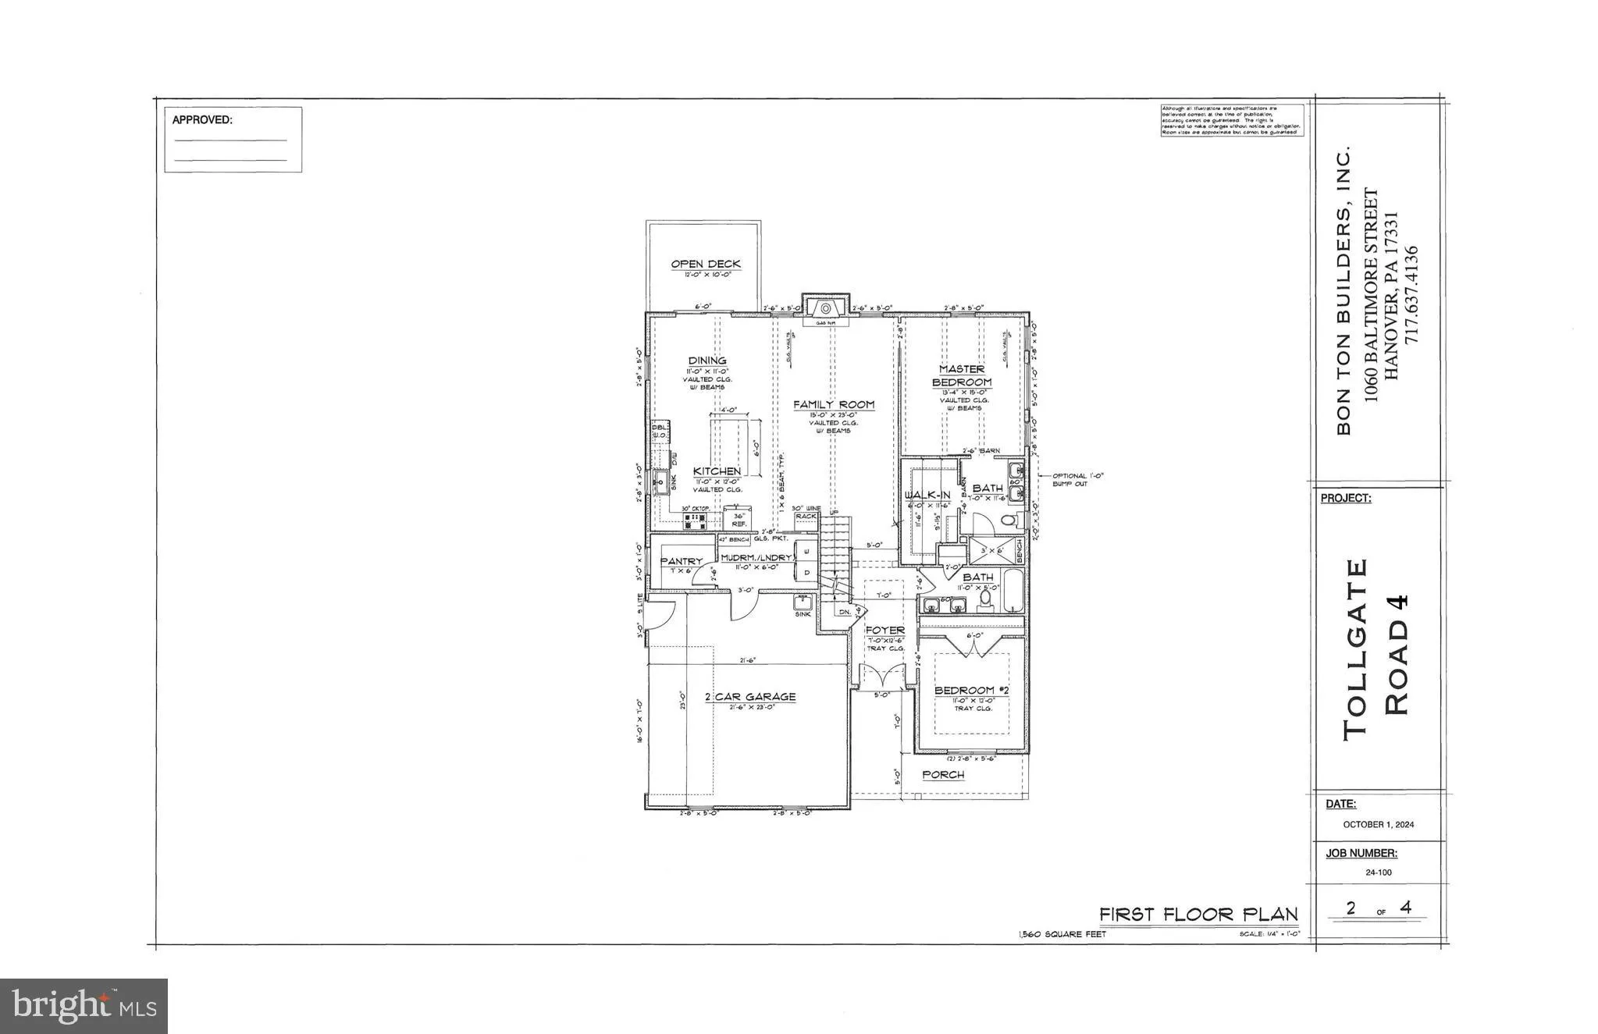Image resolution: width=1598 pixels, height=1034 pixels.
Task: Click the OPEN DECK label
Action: (x=706, y=265)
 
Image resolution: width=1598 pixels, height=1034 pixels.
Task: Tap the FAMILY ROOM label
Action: (x=834, y=405)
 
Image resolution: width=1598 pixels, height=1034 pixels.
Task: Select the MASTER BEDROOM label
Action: (x=962, y=375)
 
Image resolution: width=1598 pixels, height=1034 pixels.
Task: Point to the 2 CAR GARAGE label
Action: (x=750, y=697)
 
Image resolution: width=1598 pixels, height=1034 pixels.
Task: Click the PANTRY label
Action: (x=682, y=561)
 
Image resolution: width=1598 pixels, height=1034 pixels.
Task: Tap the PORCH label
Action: (x=943, y=775)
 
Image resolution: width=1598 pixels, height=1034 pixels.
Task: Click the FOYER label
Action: (x=885, y=630)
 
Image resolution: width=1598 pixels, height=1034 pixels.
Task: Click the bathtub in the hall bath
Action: (x=1012, y=591)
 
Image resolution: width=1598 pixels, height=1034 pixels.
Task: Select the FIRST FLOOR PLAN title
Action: (x=1198, y=914)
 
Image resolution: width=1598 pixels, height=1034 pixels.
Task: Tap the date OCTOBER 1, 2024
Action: (x=1378, y=824)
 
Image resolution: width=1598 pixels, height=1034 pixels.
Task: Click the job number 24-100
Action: (x=1378, y=872)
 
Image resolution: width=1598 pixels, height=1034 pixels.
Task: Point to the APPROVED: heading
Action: (x=201, y=120)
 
